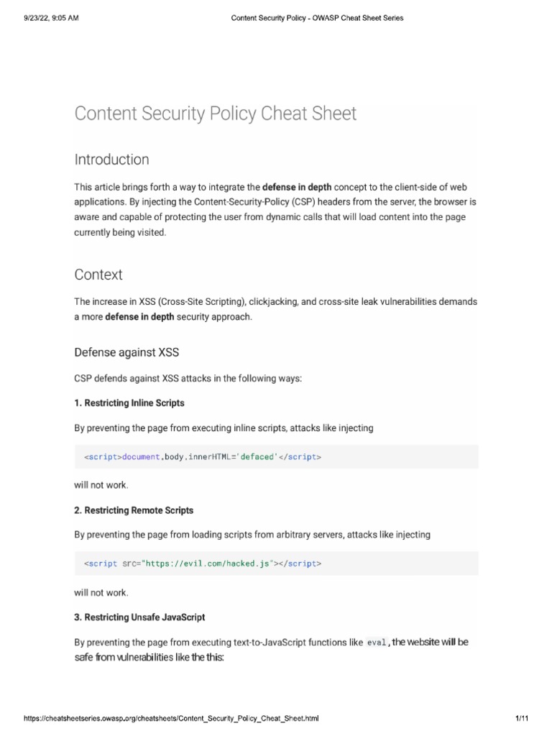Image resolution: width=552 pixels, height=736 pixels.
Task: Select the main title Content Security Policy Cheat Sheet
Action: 215,114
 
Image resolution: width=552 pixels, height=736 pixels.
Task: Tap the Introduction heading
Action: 111,160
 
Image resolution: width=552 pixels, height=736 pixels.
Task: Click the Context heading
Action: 98,275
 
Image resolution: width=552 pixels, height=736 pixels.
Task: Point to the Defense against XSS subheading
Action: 126,352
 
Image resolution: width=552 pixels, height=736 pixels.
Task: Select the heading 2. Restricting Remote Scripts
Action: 134,510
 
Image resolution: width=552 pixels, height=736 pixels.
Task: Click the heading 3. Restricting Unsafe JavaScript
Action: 139,617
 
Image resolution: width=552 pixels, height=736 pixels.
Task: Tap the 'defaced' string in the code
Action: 258,456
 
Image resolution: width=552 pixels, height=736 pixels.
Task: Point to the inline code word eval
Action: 377,643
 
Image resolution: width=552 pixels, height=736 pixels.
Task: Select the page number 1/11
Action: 522,719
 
